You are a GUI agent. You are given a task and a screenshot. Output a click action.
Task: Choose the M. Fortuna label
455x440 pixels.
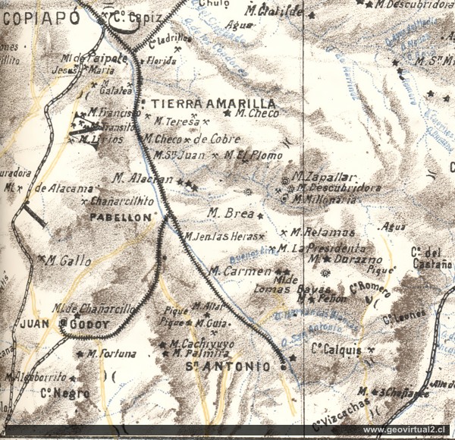pyautogui.click(x=111, y=353)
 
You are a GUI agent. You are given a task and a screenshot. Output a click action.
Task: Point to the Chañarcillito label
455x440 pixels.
pyautogui.click(x=121, y=201)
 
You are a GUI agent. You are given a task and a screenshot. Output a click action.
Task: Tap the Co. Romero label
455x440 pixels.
pyautogui.click(x=369, y=289)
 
